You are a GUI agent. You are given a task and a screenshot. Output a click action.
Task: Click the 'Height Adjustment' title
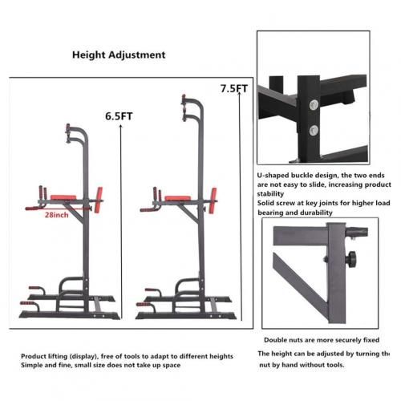[x=119, y=55]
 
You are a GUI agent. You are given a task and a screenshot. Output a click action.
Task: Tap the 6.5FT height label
[x=119, y=116]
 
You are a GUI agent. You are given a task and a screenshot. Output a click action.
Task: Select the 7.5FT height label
[x=234, y=88]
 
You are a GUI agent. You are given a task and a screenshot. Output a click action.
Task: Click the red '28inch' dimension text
[x=56, y=215]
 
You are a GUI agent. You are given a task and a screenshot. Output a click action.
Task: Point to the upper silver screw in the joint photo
[x=314, y=105]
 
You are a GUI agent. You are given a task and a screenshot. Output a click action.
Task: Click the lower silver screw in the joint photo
[x=314, y=130]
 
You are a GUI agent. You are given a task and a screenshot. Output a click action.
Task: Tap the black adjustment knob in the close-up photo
[x=350, y=259]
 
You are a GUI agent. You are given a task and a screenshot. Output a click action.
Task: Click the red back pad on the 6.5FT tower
[x=99, y=200]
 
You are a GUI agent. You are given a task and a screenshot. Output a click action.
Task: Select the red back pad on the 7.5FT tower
[x=213, y=201]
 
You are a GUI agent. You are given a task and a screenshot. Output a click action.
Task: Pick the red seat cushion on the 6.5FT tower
[x=63, y=197]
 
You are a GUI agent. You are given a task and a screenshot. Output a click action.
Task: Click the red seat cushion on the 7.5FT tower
[x=177, y=198]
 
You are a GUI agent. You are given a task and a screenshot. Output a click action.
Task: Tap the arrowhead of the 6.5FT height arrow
[x=121, y=127]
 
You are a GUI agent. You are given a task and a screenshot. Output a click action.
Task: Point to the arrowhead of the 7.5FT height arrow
[x=239, y=93]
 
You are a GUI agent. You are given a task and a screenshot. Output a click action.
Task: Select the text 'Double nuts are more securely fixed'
[x=322, y=340]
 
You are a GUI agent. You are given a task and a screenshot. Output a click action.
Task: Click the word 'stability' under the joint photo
[x=270, y=194]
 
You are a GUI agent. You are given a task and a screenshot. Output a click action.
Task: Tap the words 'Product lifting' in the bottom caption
[x=44, y=356]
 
